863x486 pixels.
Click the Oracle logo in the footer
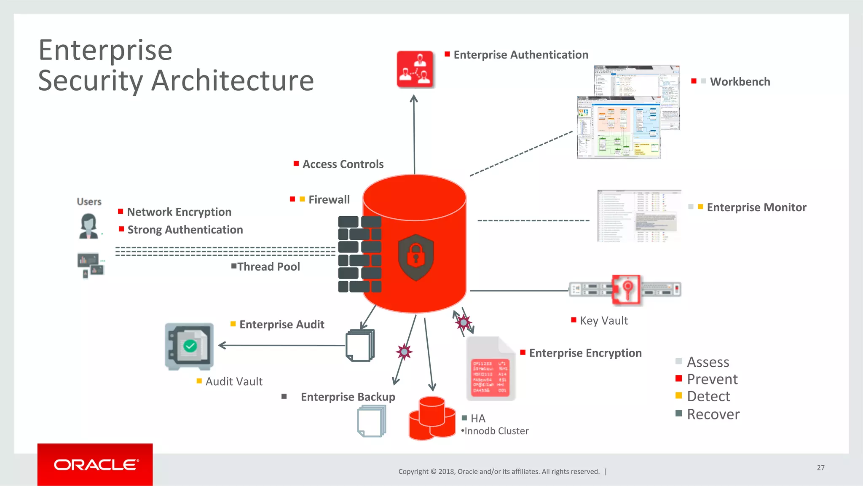click(x=95, y=465)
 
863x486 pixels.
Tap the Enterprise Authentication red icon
click(x=415, y=70)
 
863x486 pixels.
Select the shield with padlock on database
click(x=416, y=258)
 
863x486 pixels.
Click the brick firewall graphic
click(x=359, y=254)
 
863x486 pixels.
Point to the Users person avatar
click(x=88, y=226)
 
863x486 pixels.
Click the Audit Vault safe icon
click(x=189, y=346)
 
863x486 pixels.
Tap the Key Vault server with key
click(x=625, y=290)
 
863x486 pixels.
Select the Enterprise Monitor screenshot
click(x=639, y=216)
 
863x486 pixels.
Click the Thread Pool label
click(x=268, y=267)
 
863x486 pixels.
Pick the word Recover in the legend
click(x=713, y=414)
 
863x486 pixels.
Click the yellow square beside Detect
click(x=678, y=395)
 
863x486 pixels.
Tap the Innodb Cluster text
click(x=496, y=431)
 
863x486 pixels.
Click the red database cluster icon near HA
click(x=432, y=419)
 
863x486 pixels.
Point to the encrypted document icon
click(x=490, y=369)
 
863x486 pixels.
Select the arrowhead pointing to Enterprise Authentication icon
click(x=414, y=99)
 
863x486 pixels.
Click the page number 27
click(x=820, y=467)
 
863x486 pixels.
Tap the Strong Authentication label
click(x=185, y=230)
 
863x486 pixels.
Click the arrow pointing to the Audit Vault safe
click(x=222, y=346)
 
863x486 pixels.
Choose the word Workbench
click(x=740, y=82)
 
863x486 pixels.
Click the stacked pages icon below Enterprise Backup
click(x=371, y=421)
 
